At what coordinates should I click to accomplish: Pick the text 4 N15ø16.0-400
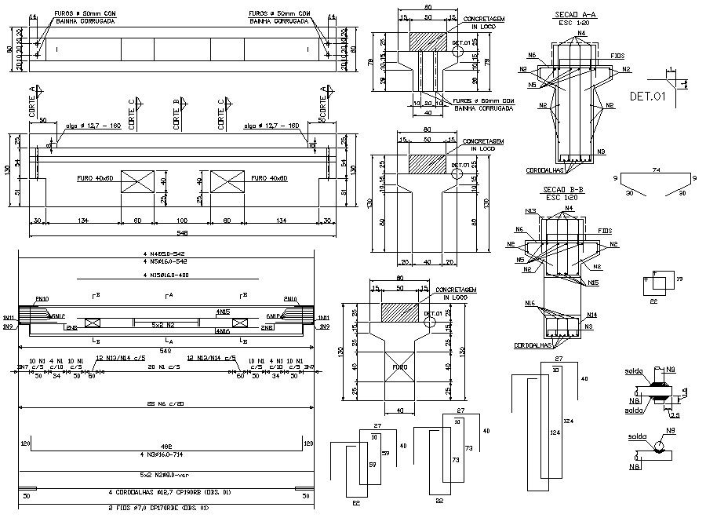(166, 275)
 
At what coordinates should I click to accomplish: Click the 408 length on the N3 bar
(166, 445)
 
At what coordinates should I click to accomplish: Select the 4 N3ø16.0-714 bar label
(166, 454)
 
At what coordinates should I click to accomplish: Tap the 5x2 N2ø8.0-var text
(166, 474)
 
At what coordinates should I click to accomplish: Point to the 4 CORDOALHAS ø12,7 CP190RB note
(166, 492)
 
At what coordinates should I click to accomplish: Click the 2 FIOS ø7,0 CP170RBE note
(166, 509)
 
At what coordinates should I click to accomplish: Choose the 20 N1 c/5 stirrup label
(167, 366)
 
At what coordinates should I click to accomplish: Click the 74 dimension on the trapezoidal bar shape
(656, 170)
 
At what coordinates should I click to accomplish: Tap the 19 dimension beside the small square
(679, 278)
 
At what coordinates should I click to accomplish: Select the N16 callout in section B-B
(530, 302)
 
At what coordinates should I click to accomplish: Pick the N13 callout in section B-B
(531, 211)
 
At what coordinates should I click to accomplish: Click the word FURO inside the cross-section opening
(401, 366)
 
